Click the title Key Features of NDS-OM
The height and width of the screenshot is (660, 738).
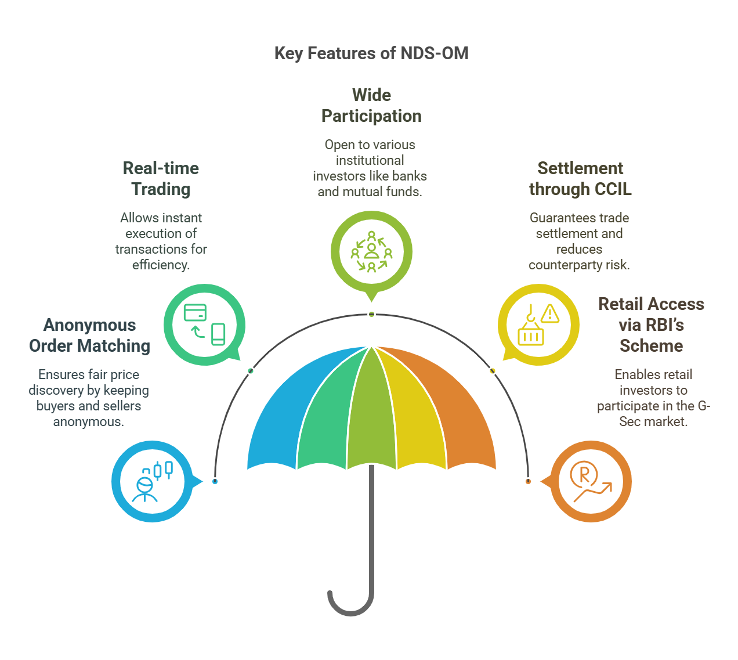pos(371,53)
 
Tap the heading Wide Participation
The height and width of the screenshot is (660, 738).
pos(371,106)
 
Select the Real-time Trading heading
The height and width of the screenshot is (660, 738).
pos(161,179)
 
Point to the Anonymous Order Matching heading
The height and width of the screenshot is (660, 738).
pos(89,336)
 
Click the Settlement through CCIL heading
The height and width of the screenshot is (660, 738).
pos(580,179)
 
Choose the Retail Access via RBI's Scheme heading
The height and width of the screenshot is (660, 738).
pos(651,324)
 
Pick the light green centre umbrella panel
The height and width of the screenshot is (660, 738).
pos(371,412)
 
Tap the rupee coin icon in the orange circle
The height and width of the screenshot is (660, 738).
pos(584,474)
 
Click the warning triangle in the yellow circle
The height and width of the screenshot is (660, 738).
pos(549,313)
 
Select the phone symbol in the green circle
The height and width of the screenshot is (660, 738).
pos(218,334)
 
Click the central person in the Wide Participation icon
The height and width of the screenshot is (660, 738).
pos(371,251)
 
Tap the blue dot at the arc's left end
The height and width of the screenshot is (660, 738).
pos(215,481)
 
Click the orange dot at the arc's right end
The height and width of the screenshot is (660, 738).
pos(528,481)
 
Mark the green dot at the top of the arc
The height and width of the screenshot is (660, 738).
pos(371,314)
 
